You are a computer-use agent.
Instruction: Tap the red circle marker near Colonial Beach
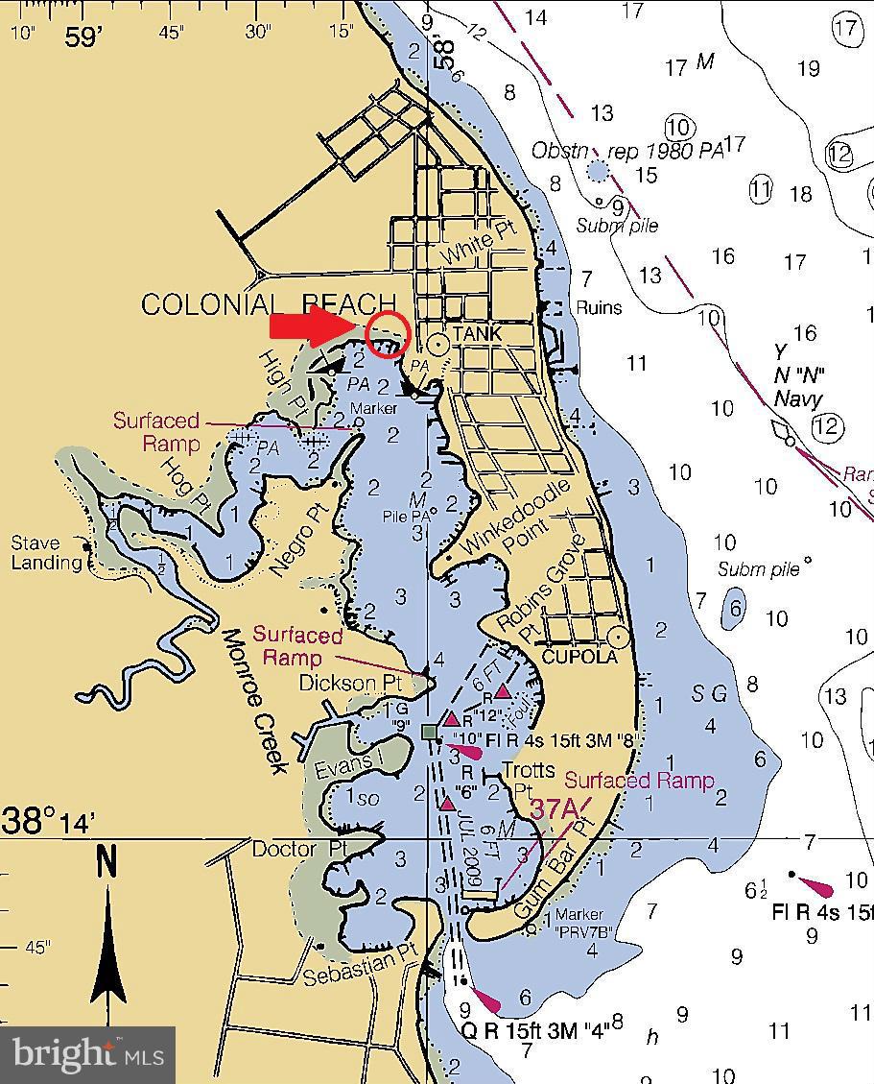[x=389, y=334]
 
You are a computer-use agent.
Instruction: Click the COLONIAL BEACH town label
[x=268, y=304]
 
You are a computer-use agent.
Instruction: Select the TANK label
[x=478, y=333]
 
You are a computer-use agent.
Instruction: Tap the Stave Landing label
[x=46, y=553]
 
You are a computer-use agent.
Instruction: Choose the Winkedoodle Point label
[x=518, y=519]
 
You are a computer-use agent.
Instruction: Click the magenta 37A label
[x=555, y=809]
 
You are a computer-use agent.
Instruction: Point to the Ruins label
[x=599, y=307]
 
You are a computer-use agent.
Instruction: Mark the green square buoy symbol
[x=429, y=733]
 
